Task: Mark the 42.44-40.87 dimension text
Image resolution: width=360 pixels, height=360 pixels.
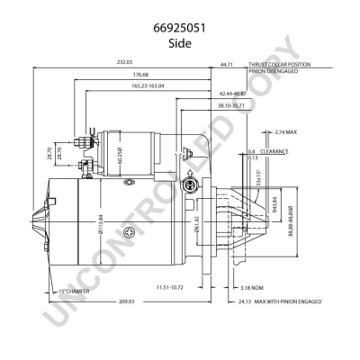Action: click(233, 94)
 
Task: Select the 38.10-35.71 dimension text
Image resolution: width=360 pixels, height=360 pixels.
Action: click(231, 106)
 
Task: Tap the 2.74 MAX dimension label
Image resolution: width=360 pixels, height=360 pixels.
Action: click(287, 131)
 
